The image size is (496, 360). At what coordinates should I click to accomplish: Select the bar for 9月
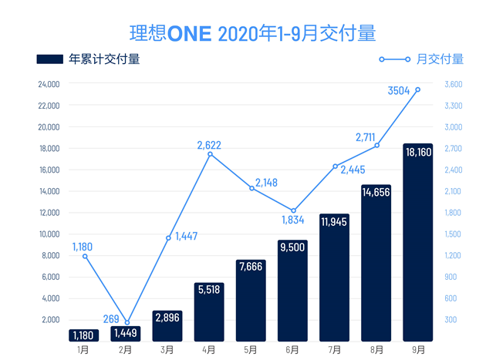click(x=417, y=243)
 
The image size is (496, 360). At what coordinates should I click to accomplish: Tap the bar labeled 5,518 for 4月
click(x=209, y=312)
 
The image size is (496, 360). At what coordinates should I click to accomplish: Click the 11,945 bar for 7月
click(x=334, y=278)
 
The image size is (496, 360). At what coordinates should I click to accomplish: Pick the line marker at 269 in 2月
click(x=127, y=322)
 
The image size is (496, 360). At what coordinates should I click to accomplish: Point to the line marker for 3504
click(x=417, y=89)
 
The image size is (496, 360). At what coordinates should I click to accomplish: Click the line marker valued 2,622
click(x=209, y=154)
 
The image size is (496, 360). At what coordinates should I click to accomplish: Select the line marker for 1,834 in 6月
click(x=293, y=210)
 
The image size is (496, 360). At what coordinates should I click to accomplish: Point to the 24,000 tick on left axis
click(x=49, y=84)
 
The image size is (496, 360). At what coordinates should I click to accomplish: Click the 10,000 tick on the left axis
click(x=49, y=234)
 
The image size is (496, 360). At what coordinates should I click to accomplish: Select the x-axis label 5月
click(x=251, y=349)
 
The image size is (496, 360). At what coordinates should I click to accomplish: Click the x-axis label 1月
click(x=84, y=349)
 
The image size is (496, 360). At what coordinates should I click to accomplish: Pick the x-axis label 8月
click(x=376, y=349)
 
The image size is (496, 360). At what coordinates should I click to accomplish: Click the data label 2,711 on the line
click(x=366, y=137)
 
